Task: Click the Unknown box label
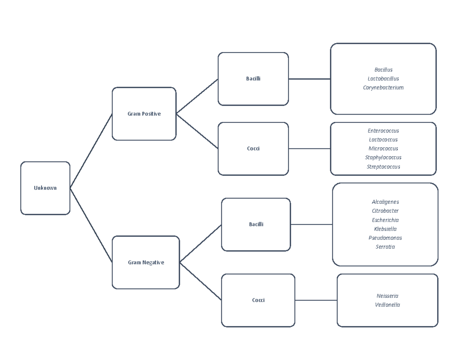45,188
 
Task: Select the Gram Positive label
144,114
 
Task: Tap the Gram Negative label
146,263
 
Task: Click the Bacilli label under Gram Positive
253,79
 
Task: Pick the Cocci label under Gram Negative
258,300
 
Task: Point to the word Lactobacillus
383,79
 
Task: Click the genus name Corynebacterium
383,88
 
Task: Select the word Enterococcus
383,131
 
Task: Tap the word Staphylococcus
383,158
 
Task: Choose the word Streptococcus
383,167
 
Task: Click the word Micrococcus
383,149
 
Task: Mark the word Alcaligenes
385,202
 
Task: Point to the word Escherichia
385,220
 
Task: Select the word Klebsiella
385,229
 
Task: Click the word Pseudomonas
385,238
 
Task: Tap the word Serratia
385,247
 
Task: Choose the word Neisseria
388,296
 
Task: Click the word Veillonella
388,305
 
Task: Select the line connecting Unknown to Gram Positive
91,151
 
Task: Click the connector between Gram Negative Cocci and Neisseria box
316,300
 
